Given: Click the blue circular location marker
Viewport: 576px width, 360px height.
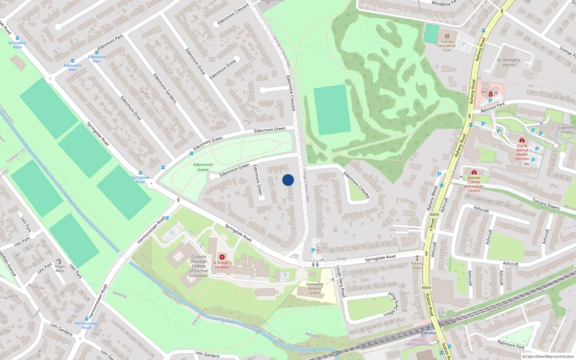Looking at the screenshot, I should (x=288, y=180).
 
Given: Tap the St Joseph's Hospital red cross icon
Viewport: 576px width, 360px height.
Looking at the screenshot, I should (x=222, y=257).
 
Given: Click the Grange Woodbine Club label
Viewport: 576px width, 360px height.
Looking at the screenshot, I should (x=447, y=46).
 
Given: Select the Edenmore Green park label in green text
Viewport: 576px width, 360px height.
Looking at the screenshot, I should (x=203, y=167).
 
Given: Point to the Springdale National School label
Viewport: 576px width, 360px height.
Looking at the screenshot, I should (x=315, y=288).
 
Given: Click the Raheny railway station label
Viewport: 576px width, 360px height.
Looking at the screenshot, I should (x=428, y=333).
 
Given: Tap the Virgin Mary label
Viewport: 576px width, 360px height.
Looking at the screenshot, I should (x=60, y=269).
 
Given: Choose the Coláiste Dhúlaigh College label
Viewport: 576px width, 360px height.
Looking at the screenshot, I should (x=199, y=266).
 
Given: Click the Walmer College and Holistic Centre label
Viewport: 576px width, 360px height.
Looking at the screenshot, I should (x=474, y=184).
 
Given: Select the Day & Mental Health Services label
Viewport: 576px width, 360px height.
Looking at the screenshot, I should (x=522, y=152).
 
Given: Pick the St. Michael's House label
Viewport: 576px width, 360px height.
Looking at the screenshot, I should (x=508, y=62).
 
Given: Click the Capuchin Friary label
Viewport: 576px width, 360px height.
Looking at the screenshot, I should (x=566, y=130).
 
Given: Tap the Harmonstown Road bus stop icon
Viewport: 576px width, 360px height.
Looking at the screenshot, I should (x=86, y=319).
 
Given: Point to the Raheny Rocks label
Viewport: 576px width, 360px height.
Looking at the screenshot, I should (x=417, y=265).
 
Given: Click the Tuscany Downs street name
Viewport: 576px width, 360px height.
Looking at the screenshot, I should (x=546, y=204).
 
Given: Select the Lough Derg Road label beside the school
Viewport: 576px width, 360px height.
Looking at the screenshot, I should (x=341, y=281).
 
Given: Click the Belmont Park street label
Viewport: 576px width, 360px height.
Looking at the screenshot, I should (x=493, y=108).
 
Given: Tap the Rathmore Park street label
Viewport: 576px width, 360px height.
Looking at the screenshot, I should (x=510, y=344).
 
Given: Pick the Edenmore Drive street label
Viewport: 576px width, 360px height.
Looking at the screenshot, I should (x=130, y=108).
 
